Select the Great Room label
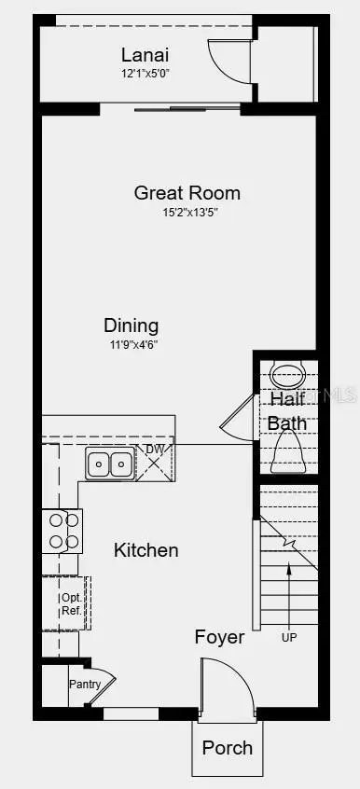coord(187,193)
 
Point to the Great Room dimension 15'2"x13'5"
coord(188,212)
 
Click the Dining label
coord(131,325)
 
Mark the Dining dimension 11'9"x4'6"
coord(131,343)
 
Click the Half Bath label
coord(287,410)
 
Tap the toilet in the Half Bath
coord(287,454)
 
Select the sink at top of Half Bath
coord(287,375)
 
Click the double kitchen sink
coord(110,463)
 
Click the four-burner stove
coord(62,531)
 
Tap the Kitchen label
coord(145,550)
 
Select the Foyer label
coord(219,638)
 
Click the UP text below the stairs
coord(290,638)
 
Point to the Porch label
coord(227,748)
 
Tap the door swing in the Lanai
coord(228,61)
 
